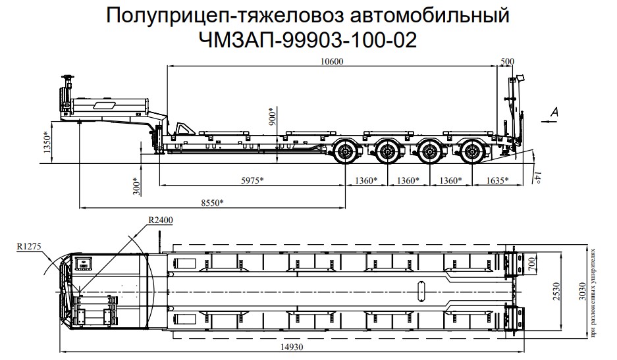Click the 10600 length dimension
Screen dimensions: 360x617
333,61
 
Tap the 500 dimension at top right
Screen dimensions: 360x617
507,61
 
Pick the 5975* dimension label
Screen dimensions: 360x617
250,180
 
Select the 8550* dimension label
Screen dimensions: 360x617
211,202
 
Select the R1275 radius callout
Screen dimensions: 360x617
30,247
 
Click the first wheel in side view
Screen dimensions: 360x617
346,153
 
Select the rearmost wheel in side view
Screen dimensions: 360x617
471,153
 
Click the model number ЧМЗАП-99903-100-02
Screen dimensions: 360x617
308,40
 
